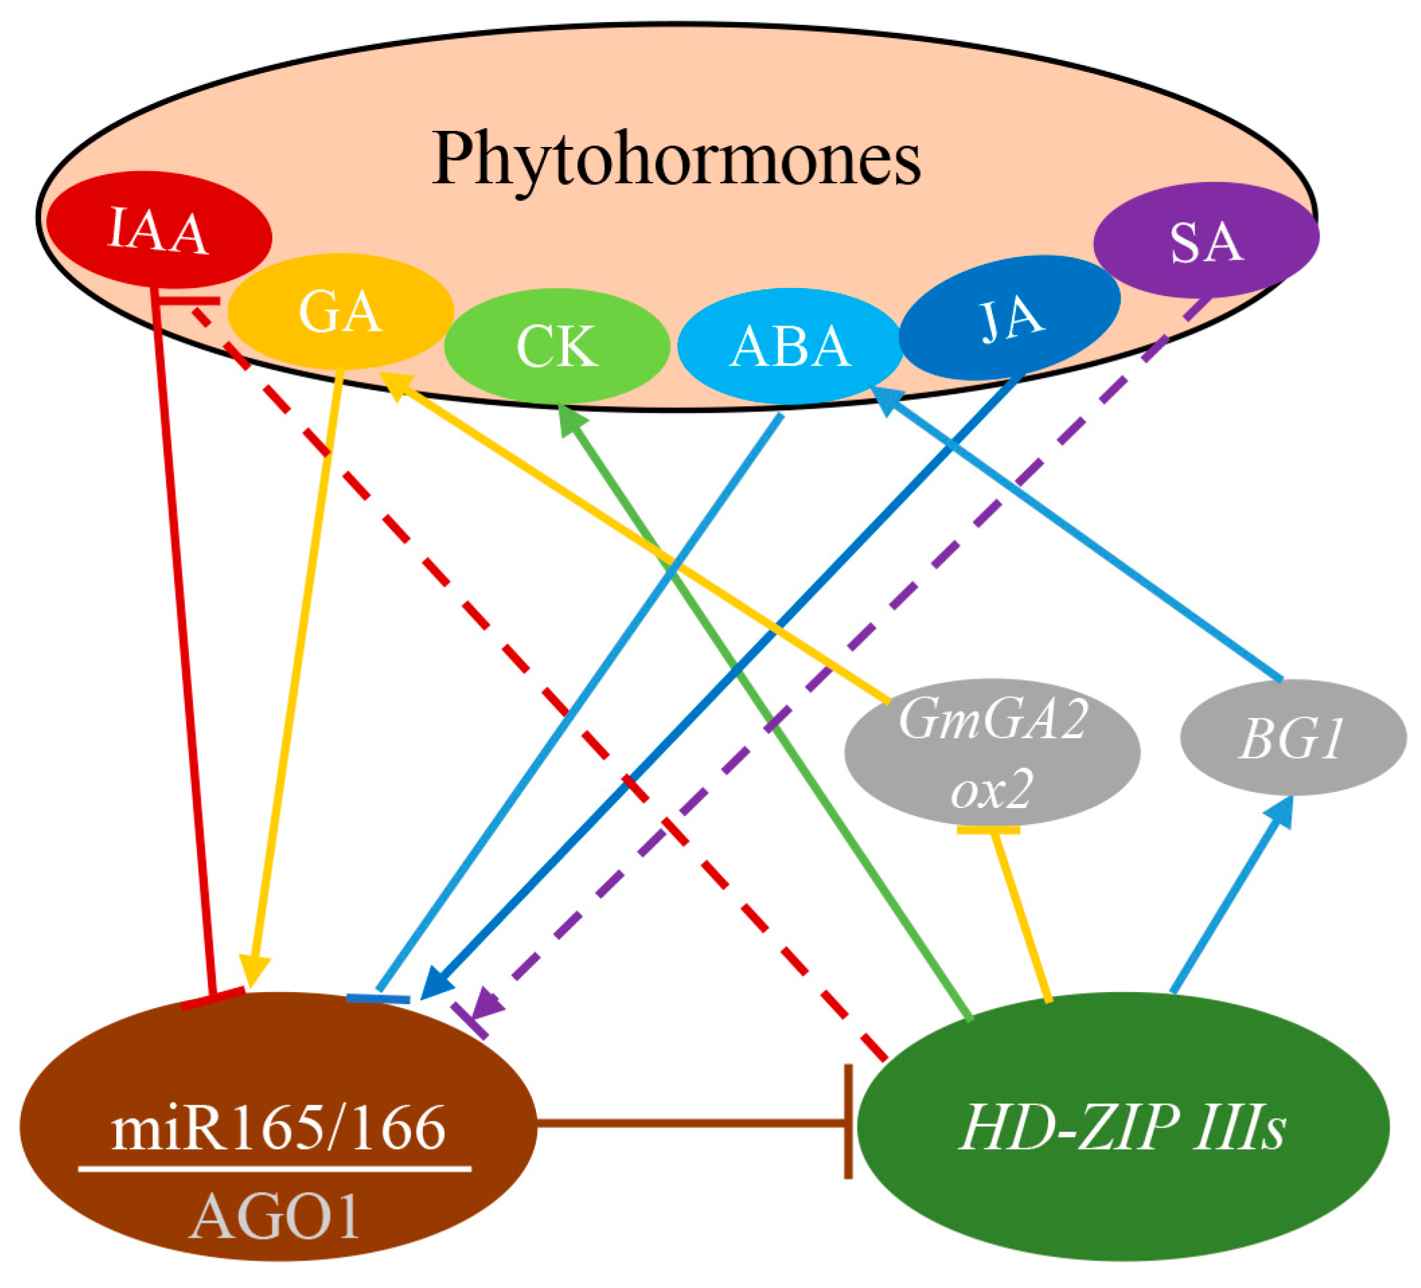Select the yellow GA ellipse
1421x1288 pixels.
(x=341, y=311)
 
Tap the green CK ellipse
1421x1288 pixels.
(x=557, y=346)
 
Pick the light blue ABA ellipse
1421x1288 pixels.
(x=790, y=346)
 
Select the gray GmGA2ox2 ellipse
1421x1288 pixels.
(x=993, y=752)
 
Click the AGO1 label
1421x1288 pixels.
(x=275, y=1218)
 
